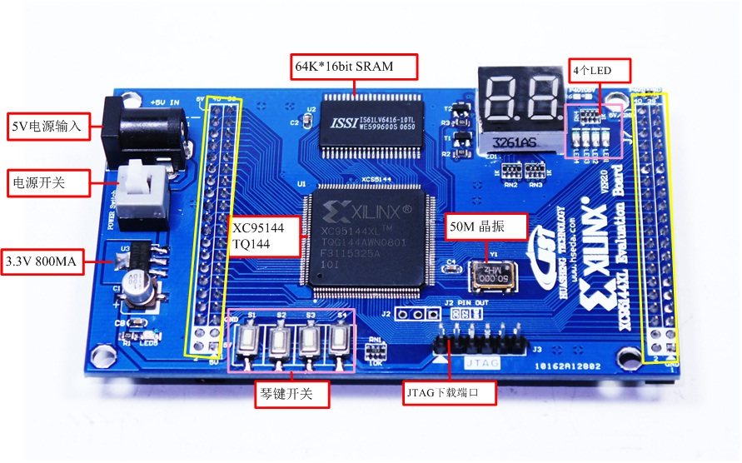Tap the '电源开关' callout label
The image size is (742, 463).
tap(47, 183)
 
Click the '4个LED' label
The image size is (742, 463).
tap(599, 71)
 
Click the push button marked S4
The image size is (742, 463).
tap(339, 339)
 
